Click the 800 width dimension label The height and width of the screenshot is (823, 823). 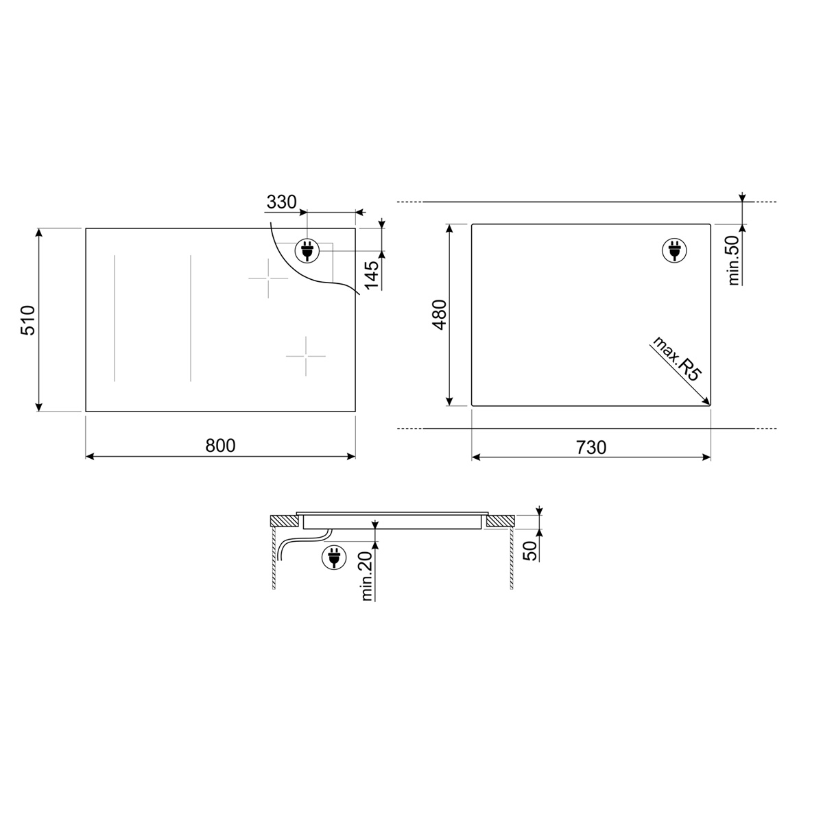[220, 446]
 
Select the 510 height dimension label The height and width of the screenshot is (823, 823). [28, 320]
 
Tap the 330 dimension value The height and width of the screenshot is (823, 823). [281, 202]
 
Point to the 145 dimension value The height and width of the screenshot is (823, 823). [371, 274]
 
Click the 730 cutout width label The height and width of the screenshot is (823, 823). [591, 447]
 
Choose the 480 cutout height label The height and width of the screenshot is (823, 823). [440, 315]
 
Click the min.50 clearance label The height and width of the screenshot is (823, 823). [733, 260]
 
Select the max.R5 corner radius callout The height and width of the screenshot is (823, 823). [676, 359]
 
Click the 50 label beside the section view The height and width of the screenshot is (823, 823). [529, 551]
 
